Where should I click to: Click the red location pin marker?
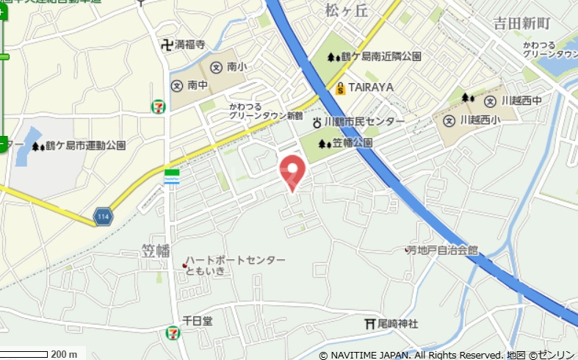tap(293, 171)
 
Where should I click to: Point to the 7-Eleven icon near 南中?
tap(158, 107)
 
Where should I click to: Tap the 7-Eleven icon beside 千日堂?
tap(170, 333)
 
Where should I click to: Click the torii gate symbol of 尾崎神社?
tap(369, 324)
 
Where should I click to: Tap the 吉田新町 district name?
tap(521, 24)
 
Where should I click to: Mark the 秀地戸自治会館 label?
tap(444, 251)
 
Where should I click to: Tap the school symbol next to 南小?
tap(216, 67)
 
